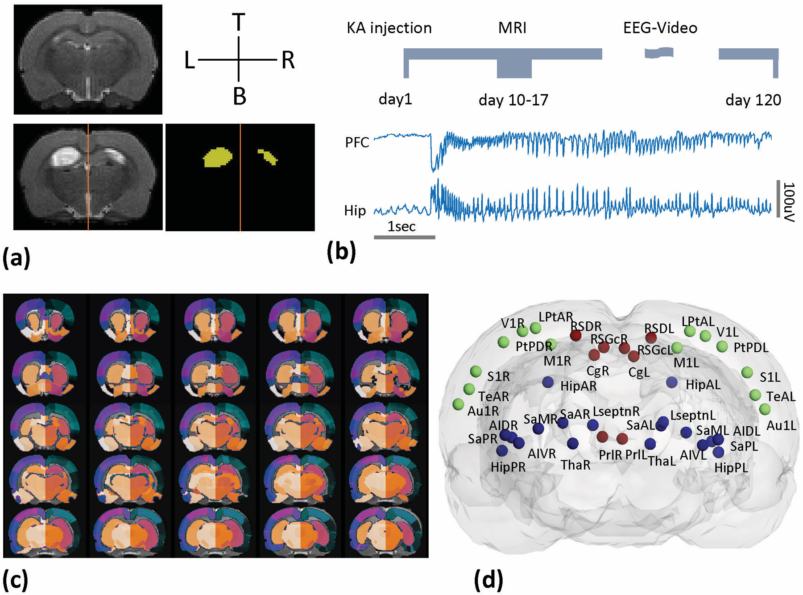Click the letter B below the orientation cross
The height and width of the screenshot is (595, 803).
[240, 96]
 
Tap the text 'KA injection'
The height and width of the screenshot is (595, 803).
[389, 28]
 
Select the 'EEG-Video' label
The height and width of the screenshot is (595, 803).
[660, 28]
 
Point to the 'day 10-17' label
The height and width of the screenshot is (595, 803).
[513, 100]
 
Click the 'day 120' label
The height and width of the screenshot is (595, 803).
[753, 100]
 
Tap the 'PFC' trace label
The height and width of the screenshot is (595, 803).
[357, 142]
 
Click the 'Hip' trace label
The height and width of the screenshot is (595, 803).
[355, 210]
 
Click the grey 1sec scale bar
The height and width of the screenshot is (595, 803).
[404, 237]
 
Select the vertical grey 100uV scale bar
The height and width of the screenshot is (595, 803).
[778, 199]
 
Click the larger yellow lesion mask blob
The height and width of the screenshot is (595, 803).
[218, 158]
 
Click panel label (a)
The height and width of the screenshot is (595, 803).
[17, 258]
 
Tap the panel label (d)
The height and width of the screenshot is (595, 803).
[488, 580]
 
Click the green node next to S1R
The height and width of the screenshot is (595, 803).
[476, 371]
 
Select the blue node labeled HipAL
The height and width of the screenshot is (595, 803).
[671, 382]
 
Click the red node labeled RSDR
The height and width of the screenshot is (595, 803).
[575, 335]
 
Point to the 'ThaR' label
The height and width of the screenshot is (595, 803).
[575, 465]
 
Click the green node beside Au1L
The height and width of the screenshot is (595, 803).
[765, 409]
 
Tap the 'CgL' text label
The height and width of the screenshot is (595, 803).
[639, 372]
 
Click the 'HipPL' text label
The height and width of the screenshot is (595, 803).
[731, 468]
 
